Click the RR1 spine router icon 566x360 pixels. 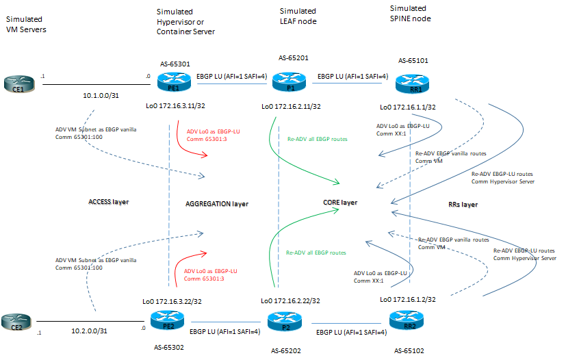click(409, 85)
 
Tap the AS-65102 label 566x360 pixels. click(409, 350)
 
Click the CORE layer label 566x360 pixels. click(339, 203)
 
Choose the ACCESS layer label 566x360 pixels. click(110, 202)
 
